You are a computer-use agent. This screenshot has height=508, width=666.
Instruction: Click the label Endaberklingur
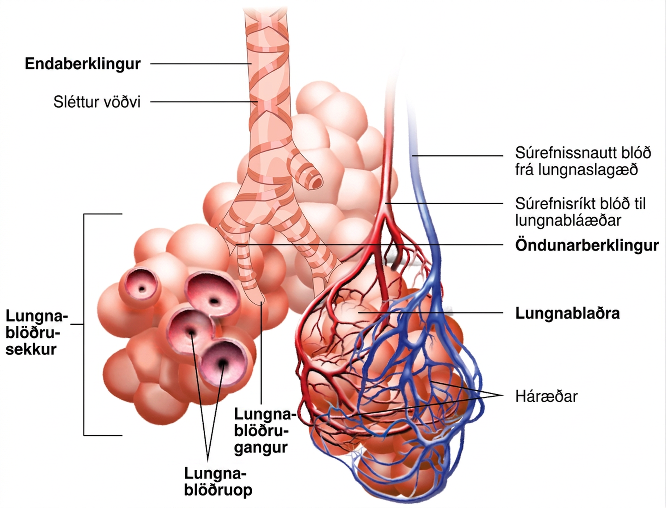(82, 64)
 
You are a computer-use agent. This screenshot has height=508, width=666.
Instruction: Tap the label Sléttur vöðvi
(97, 102)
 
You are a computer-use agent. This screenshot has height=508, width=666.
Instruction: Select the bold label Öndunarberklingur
(587, 245)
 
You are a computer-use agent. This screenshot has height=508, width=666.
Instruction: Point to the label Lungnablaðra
(567, 313)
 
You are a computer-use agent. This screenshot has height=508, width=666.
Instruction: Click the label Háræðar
(546, 396)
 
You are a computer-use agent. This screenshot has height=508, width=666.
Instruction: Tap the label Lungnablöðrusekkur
(37, 333)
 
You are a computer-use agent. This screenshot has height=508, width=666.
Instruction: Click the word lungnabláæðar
(568, 220)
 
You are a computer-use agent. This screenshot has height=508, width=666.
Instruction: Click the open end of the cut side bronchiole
(317, 182)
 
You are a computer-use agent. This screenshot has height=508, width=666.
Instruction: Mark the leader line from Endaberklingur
(201, 64)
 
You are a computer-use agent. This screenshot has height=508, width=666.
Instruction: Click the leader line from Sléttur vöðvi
(204, 102)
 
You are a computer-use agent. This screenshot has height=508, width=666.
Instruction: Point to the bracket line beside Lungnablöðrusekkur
(84, 324)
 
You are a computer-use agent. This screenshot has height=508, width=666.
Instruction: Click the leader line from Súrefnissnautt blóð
(458, 156)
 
